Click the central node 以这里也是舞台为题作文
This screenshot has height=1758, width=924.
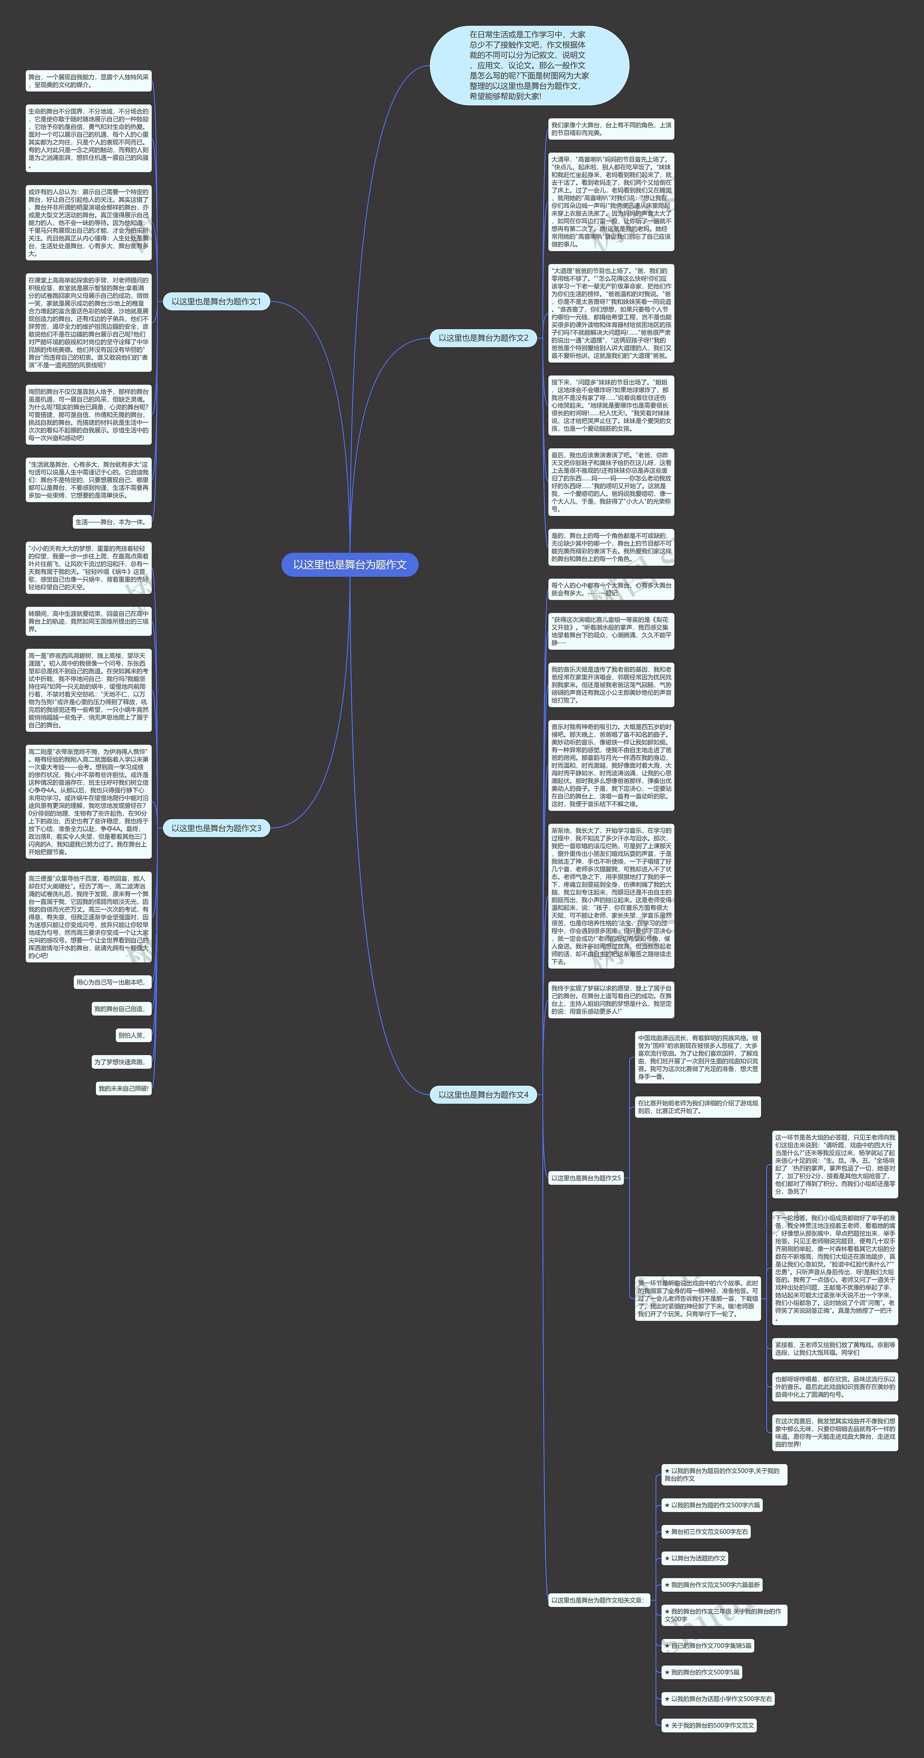(x=349, y=564)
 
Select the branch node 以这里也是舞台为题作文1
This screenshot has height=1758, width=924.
(x=216, y=301)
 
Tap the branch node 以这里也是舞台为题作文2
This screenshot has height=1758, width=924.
(x=483, y=337)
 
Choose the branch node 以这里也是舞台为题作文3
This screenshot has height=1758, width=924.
(x=216, y=828)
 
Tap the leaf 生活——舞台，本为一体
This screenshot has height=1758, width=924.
(x=111, y=522)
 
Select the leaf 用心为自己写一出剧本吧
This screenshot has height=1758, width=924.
(x=111, y=982)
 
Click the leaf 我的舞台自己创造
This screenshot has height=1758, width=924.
(x=120, y=1009)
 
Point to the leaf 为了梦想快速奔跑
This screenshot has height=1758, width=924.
(x=120, y=1062)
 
